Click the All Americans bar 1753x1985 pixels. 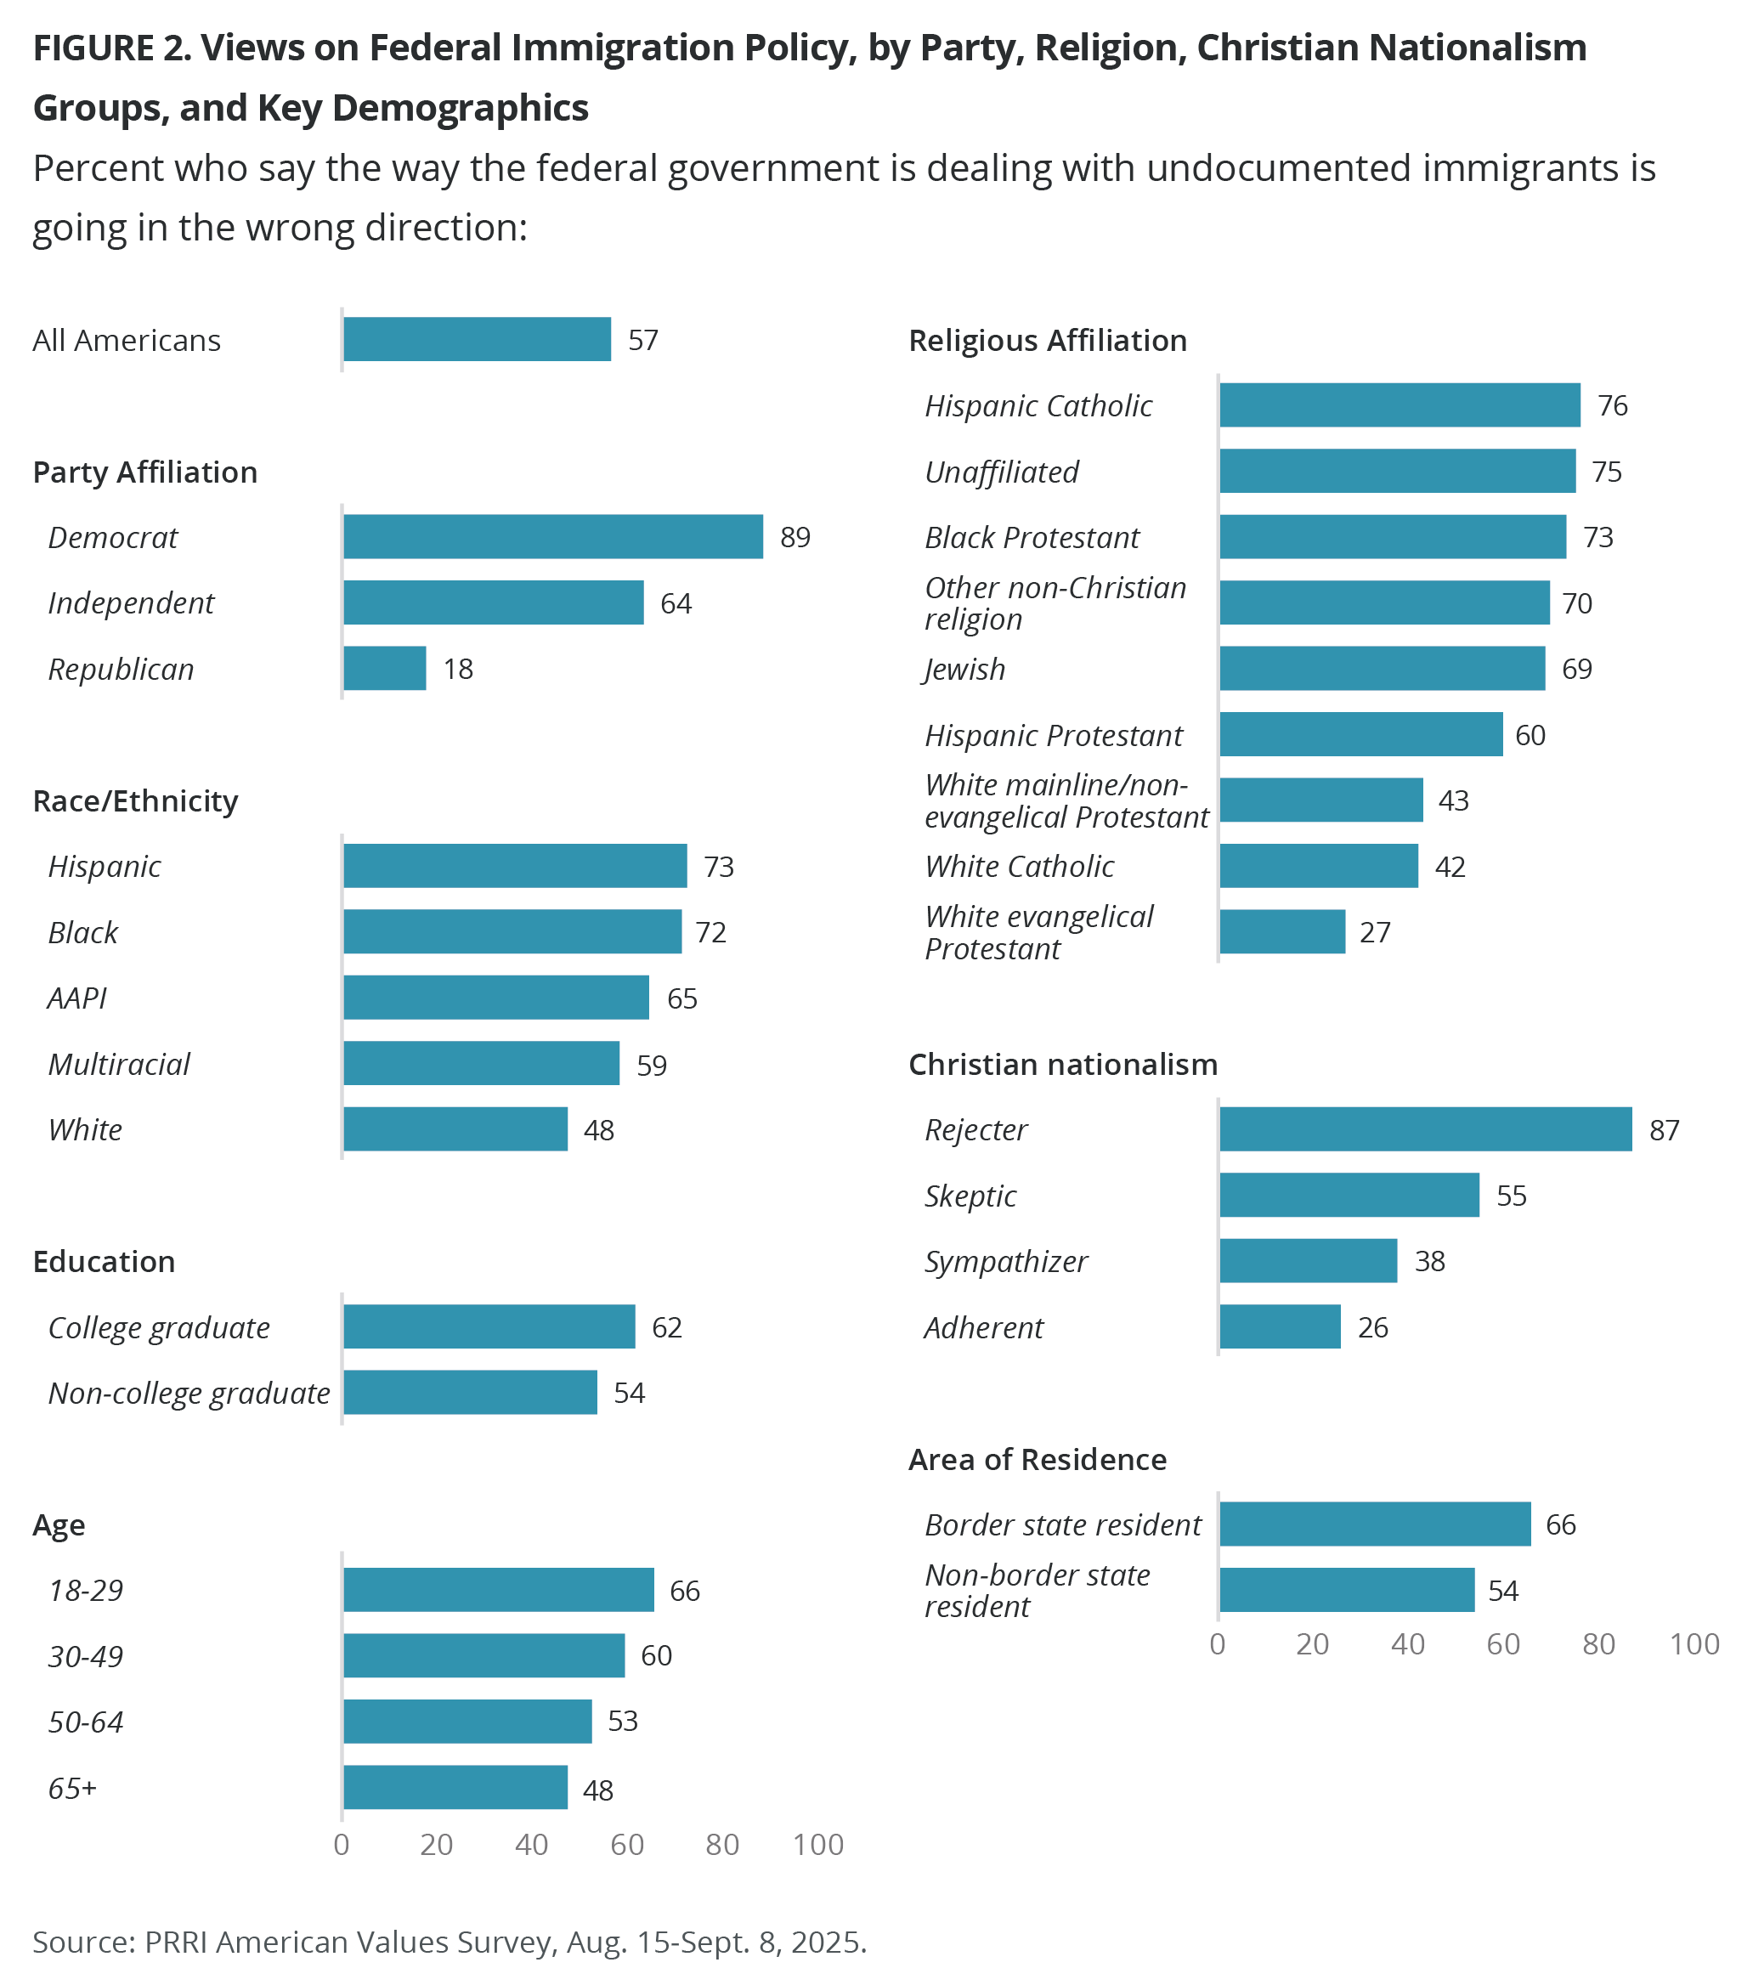(x=477, y=340)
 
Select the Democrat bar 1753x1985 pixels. (x=552, y=537)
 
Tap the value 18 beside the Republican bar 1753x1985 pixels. (x=457, y=669)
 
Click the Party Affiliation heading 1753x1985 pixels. (x=144, y=472)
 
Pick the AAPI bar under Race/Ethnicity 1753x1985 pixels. (x=495, y=998)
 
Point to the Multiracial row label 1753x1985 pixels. (x=118, y=1065)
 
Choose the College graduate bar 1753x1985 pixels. (x=489, y=1326)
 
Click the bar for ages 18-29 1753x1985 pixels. (x=498, y=1590)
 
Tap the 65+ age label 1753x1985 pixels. (x=73, y=1788)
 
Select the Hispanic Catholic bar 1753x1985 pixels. (x=1399, y=405)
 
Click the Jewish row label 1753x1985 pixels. (x=964, y=669)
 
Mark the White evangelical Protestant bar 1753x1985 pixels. (x=1282, y=932)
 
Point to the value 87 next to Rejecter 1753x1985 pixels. (x=1664, y=1130)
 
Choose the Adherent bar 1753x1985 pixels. (x=1280, y=1326)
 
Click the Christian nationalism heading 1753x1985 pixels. (x=1062, y=1065)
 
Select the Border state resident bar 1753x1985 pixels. (x=1374, y=1524)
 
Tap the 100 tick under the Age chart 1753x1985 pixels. (x=817, y=1845)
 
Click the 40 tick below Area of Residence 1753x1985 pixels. (x=1407, y=1644)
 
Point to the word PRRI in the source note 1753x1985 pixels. (x=176, y=1943)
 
